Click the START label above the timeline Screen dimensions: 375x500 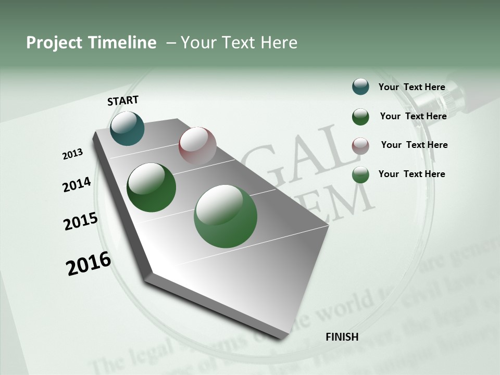(123, 101)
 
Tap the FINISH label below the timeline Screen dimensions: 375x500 (342, 337)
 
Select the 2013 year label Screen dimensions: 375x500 (73, 154)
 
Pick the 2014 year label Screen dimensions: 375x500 (77, 185)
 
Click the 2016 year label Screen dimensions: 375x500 (89, 264)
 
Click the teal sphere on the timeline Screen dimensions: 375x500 (127, 129)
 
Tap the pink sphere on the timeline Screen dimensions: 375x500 (197, 146)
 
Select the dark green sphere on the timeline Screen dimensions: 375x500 (151, 187)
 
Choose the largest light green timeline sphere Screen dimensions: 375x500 (226, 216)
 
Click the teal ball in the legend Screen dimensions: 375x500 (360, 86)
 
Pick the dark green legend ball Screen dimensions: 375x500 (360, 117)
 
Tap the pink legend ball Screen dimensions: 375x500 (360, 146)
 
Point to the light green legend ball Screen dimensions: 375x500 (360, 174)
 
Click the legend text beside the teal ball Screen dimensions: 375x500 (411, 87)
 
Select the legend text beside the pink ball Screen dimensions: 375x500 (414, 145)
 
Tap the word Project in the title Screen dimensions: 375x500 (54, 43)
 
